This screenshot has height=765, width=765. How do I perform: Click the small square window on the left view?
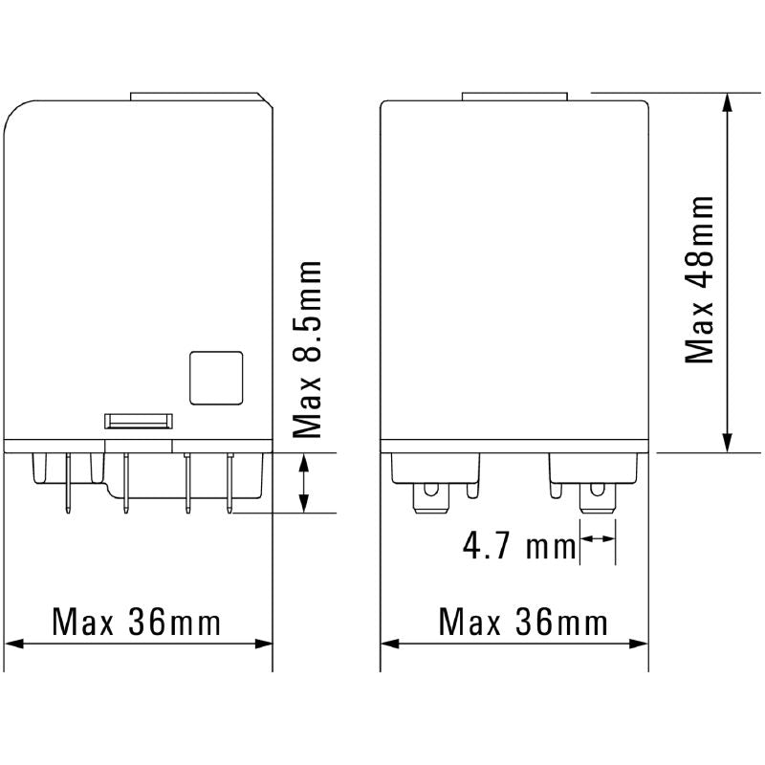216,377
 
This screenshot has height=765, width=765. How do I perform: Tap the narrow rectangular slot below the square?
138,420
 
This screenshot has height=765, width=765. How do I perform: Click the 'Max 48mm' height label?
701,280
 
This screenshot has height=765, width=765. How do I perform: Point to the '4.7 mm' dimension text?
517,548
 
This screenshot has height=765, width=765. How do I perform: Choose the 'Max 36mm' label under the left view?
137,623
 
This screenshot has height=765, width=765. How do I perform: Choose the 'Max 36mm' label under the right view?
523,623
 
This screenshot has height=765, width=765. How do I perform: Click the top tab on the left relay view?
194,96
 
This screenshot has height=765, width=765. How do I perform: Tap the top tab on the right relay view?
515,96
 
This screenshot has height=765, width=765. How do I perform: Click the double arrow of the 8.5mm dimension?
305,483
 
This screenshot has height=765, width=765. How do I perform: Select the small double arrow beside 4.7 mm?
598,540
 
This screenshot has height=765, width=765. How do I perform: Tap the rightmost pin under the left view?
229,485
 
